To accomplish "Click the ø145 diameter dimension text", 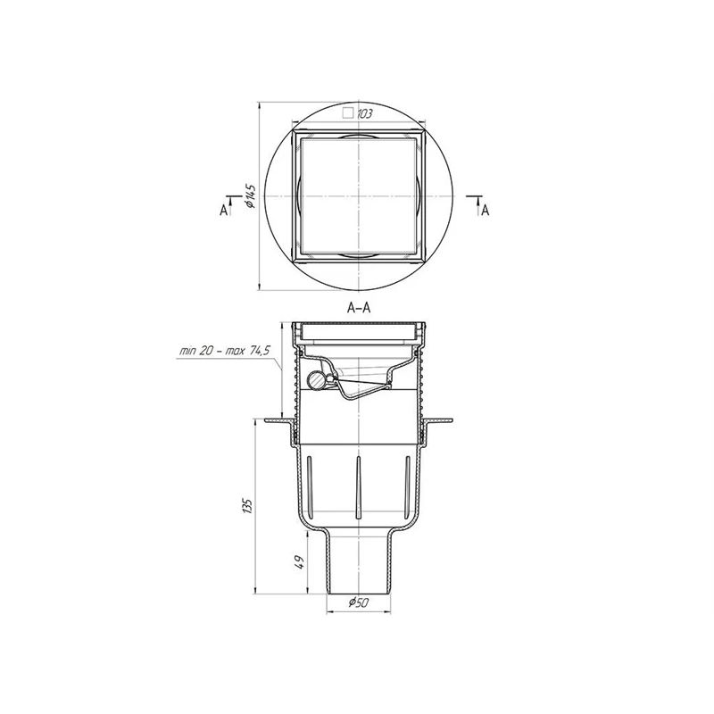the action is click(x=251, y=196).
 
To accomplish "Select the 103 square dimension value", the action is click(x=364, y=114).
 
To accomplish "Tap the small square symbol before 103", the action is click(x=348, y=113).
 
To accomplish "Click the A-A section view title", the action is click(x=359, y=308).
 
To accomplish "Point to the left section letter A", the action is click(x=223, y=211).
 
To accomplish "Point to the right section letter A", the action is click(x=486, y=211).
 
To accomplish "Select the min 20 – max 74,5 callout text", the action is click(x=225, y=351).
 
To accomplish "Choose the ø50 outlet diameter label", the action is click(x=359, y=603).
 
